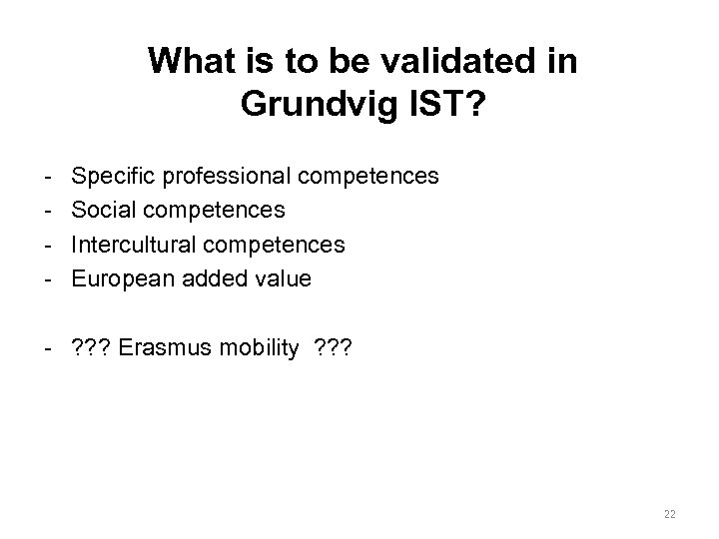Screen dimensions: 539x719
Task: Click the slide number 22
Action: coord(669,513)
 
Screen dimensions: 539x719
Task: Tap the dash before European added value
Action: coord(49,279)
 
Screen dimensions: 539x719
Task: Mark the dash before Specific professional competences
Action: coord(49,177)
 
